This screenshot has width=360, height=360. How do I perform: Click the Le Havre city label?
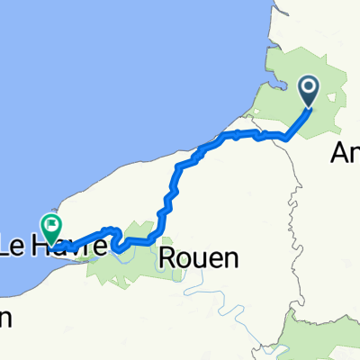pos(54,245)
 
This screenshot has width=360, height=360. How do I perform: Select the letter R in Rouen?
pos(166,258)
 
